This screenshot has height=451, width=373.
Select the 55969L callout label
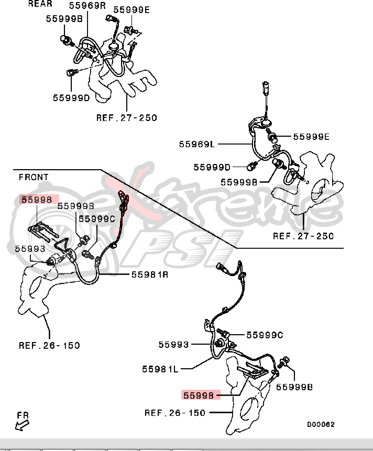tap(197, 143)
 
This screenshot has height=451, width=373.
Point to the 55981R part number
tap(150, 274)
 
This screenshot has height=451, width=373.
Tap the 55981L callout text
tap(160, 369)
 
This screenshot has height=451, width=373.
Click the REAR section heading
tap(40, 4)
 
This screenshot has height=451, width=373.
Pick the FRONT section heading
tap(34, 177)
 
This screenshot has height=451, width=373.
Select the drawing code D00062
tap(321, 424)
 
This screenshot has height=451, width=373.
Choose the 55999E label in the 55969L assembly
tap(311, 137)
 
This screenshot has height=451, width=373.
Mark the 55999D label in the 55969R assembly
tap(71, 97)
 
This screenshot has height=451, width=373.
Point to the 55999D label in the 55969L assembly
tap(212, 167)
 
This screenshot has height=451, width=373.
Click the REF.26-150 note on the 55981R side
tap(49, 345)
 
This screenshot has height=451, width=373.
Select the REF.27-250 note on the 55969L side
tap(303, 236)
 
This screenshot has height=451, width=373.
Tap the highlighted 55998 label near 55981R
tap(36, 199)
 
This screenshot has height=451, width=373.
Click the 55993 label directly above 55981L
tap(173, 344)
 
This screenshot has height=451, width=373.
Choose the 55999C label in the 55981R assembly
tap(97, 219)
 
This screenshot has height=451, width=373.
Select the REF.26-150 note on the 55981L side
tap(175, 413)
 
